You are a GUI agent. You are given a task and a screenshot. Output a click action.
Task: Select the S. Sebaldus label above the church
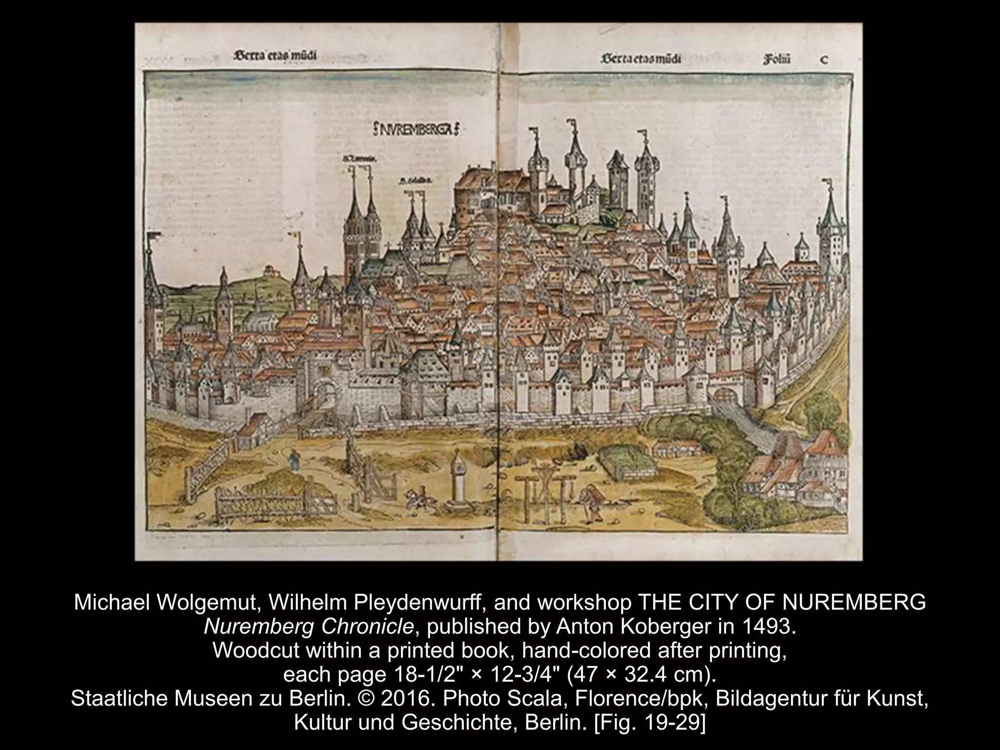[x=416, y=181]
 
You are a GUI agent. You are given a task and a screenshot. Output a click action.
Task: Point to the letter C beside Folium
[x=824, y=60]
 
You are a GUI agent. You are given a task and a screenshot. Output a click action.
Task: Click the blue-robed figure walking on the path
[x=294, y=460]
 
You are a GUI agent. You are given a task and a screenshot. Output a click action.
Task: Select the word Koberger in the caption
[x=675, y=626]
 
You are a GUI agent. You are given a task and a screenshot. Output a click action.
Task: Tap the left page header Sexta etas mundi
[x=275, y=56]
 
